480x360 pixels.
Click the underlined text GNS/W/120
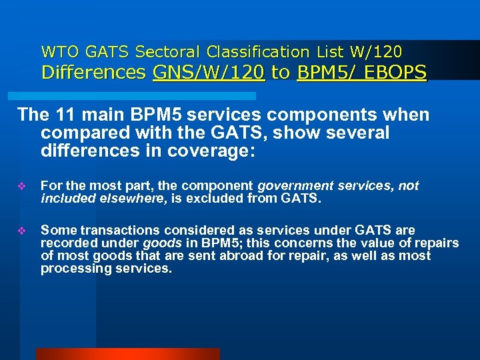pyautogui.click(x=209, y=73)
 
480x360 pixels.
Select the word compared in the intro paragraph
pyautogui.click(x=83, y=133)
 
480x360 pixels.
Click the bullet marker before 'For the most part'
pyautogui.click(x=21, y=187)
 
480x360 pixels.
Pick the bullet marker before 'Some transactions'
pyautogui.click(x=21, y=231)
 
